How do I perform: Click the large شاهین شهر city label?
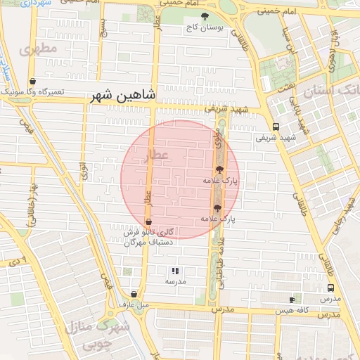[123, 95]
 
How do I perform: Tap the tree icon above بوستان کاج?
[205, 16]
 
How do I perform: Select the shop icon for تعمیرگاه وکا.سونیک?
[33, 81]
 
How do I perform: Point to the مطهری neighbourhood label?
[39, 51]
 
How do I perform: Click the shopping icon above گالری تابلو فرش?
[148, 222]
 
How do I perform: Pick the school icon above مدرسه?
[175, 271]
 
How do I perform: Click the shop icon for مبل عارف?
[134, 295]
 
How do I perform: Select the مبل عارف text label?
[134, 305]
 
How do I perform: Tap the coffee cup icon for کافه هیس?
[292, 300]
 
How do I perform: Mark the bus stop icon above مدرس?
[330, 288]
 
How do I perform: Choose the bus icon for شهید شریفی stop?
[275, 127]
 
